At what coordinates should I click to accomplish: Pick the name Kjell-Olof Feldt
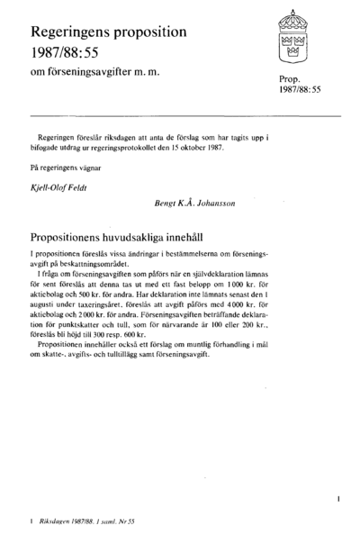61,187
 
